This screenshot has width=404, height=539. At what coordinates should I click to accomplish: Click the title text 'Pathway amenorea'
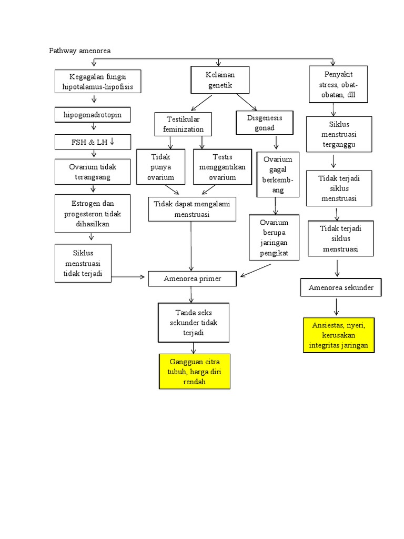(80, 51)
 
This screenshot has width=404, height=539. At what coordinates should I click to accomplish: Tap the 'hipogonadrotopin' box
(93, 115)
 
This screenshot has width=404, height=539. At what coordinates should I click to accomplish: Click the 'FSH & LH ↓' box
(93, 142)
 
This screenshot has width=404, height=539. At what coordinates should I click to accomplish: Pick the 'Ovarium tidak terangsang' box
(93, 172)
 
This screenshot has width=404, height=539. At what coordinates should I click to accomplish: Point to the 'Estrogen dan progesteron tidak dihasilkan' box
(93, 213)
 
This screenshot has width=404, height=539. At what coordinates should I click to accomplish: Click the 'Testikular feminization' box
(184, 124)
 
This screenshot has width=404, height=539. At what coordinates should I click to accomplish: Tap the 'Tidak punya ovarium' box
(161, 167)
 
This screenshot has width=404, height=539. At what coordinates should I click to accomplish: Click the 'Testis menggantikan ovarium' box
(223, 167)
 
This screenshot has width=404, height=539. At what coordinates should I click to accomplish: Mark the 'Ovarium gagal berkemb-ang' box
(278, 175)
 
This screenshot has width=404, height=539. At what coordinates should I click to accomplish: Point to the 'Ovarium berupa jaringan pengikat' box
(274, 237)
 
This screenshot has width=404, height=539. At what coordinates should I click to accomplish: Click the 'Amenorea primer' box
(192, 278)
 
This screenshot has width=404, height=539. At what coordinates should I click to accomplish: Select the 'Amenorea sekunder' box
(341, 287)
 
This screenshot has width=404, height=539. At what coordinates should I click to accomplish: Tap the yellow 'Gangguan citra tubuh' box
(195, 372)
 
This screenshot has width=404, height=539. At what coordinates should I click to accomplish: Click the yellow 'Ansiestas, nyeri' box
(339, 335)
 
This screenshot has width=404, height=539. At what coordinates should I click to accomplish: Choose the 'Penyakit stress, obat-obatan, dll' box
(339, 84)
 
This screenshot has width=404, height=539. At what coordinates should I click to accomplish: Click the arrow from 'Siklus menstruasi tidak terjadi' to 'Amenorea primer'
(129, 276)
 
